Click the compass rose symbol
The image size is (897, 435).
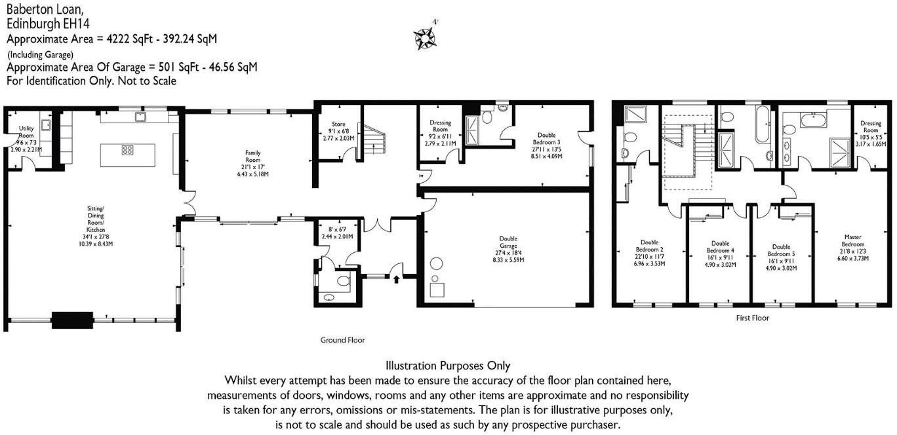(424, 38)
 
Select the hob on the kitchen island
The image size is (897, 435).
(127, 150)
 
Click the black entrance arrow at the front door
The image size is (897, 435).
(395, 280)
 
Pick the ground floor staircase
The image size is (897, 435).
(374, 140)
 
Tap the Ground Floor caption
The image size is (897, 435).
(342, 340)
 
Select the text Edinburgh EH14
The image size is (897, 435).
(49, 24)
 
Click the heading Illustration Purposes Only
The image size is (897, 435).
(448, 366)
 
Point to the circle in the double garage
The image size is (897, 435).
(436, 265)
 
